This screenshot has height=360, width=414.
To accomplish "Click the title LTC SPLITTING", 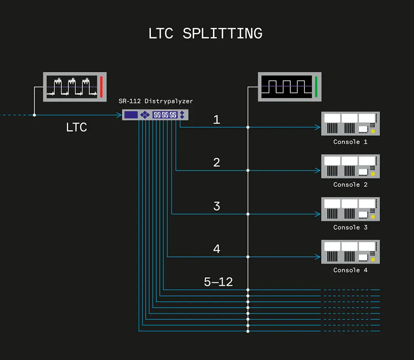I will click(x=205, y=33).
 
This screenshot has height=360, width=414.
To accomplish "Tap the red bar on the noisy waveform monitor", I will click(x=101, y=86).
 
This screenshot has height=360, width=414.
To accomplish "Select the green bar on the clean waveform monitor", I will click(x=316, y=86).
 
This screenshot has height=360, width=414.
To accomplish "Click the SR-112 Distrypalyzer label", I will click(x=156, y=101).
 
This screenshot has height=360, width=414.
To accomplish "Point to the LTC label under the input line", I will click(x=76, y=128).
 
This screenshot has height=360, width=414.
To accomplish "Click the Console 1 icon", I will click(x=351, y=124).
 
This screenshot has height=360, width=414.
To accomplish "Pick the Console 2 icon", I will click(x=351, y=166).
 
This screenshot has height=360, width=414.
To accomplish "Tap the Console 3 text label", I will click(x=351, y=227).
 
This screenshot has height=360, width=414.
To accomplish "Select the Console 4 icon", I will click(x=351, y=252).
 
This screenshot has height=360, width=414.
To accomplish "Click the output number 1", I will click(x=217, y=120).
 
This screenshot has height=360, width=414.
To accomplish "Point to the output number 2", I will click(x=217, y=162).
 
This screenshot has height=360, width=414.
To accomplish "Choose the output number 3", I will click(x=217, y=206).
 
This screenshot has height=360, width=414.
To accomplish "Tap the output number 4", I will click(x=217, y=249).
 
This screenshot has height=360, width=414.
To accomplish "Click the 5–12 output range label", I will click(x=218, y=282).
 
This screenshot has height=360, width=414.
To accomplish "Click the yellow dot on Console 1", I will click(x=373, y=131).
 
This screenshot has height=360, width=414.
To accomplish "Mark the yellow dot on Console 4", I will click(x=373, y=260).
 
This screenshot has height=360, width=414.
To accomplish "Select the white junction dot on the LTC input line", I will click(x=34, y=115).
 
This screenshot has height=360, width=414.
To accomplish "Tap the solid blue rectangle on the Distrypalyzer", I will click(x=131, y=115).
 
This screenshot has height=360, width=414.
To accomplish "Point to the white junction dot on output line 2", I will click(x=248, y=171).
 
